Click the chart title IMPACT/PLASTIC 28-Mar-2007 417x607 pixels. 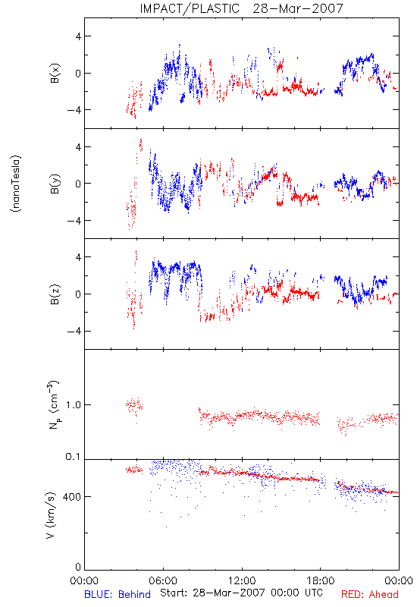tap(241, 8)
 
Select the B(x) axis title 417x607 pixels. tap(55, 73)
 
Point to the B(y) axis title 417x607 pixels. tap(55, 184)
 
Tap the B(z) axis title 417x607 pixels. tap(55, 294)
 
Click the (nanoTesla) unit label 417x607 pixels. tap(16, 184)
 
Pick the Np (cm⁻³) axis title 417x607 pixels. tap(53, 404)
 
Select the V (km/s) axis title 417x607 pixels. tap(50, 515)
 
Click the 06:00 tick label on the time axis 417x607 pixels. tap(163, 580)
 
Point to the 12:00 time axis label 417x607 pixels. tap(242, 580)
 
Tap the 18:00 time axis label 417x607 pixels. tap(321, 580)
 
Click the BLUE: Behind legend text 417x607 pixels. tap(118, 594)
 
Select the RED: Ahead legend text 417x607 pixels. tap(369, 594)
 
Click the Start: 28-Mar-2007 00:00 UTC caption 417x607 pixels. tap(241, 593)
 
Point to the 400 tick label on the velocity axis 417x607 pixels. tap(71, 497)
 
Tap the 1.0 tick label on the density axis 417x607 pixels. tap(74, 405)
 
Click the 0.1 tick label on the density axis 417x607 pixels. tap(73, 457)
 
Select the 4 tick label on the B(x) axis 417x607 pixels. tap(78, 36)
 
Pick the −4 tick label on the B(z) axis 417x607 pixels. tap(74, 332)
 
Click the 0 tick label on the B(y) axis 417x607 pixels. tap(78, 184)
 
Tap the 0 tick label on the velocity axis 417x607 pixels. tap(78, 568)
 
